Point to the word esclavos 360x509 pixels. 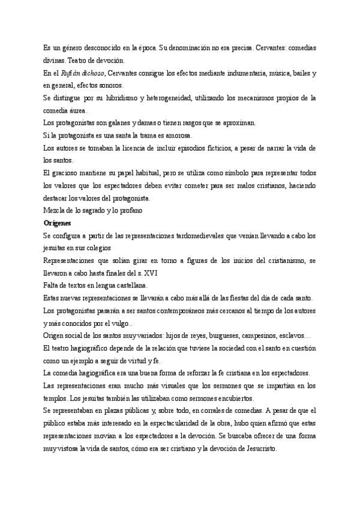(x=288, y=335)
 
